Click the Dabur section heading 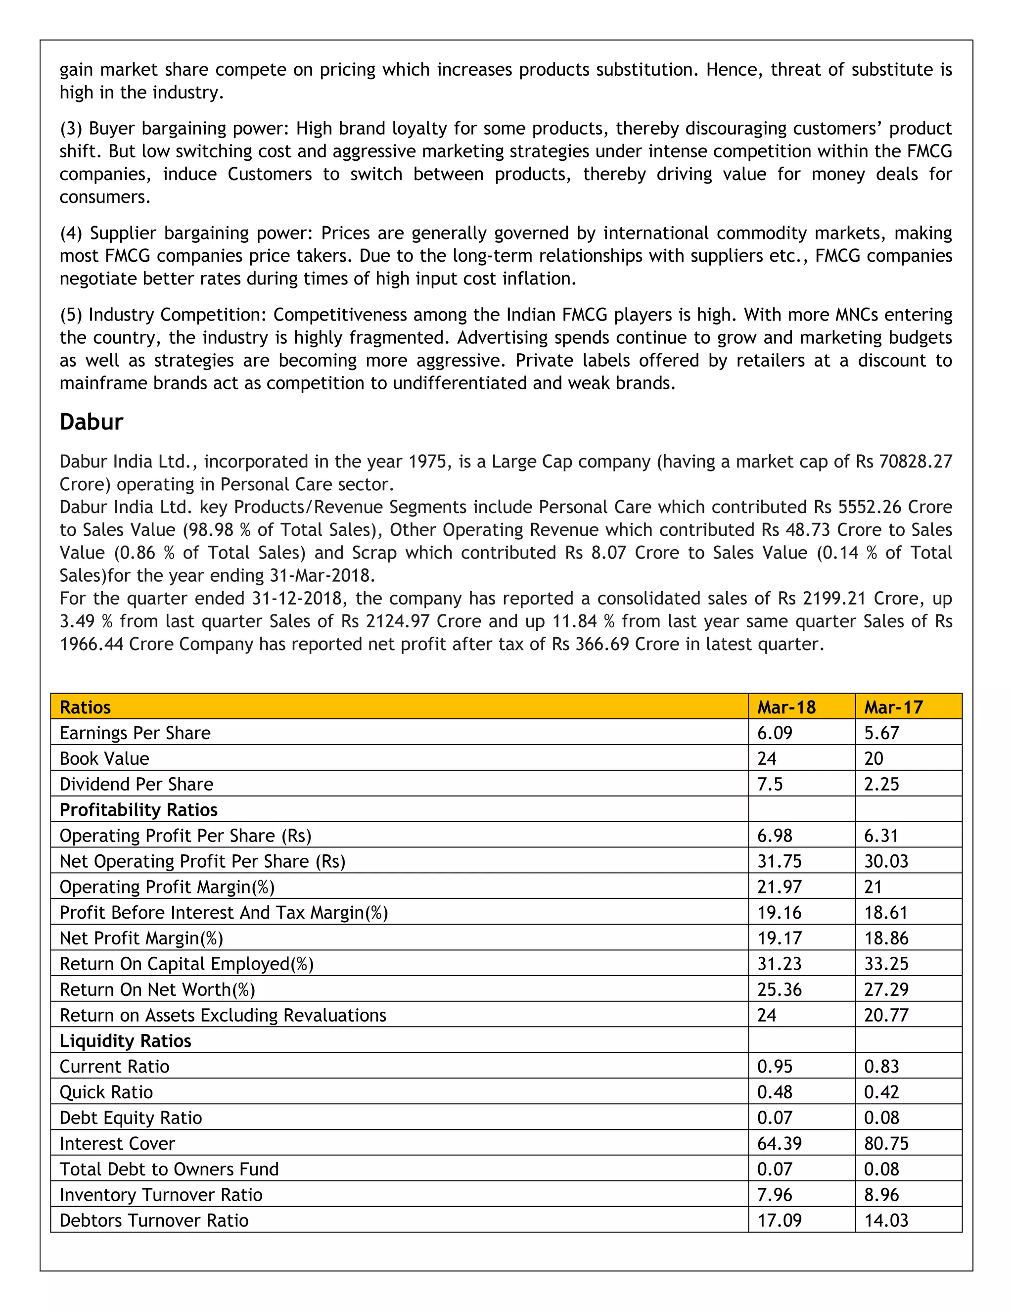pyautogui.click(x=91, y=422)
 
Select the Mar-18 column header pyautogui.click(x=785, y=707)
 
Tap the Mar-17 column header pyautogui.click(x=893, y=707)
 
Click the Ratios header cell pyautogui.click(x=85, y=707)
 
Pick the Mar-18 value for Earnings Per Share pyautogui.click(x=774, y=733)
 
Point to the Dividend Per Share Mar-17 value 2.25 pyautogui.click(x=881, y=784)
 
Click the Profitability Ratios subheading pyautogui.click(x=138, y=810)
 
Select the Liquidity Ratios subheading pyautogui.click(x=125, y=1041)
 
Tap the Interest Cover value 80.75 pyautogui.click(x=886, y=1143)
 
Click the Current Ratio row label pyautogui.click(x=114, y=1067)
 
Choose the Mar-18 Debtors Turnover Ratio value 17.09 pyautogui.click(x=779, y=1220)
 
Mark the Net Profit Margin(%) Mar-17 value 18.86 pyautogui.click(x=886, y=938)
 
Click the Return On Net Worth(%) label pyautogui.click(x=157, y=989)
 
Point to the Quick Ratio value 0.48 pyautogui.click(x=774, y=1092)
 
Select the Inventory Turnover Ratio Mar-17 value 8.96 pyautogui.click(x=881, y=1195)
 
